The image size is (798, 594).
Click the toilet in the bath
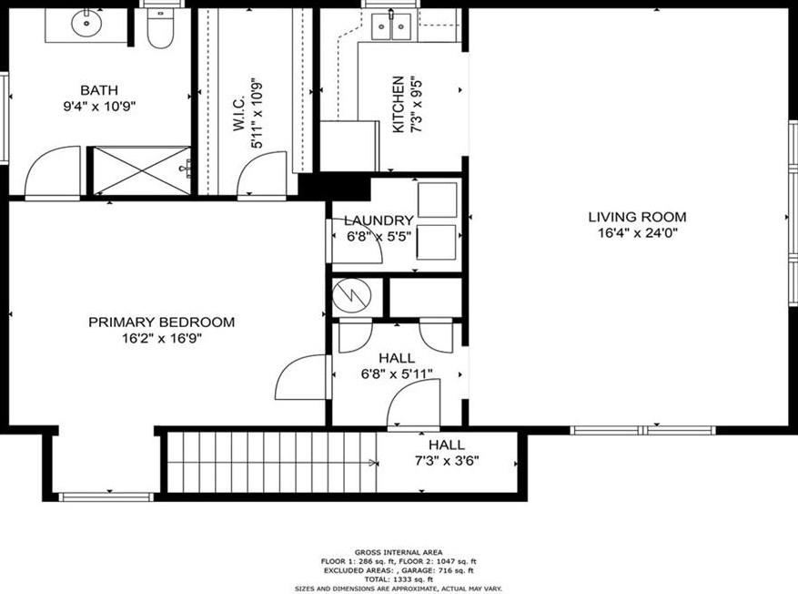pyautogui.click(x=160, y=28)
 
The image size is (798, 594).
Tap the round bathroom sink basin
pyautogui.click(x=86, y=23)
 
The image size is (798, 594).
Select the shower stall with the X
pyautogui.click(x=141, y=170)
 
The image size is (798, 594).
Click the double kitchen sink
pyautogui.click(x=391, y=26)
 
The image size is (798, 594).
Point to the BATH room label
pyautogui.click(x=99, y=90)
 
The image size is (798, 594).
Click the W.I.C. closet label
pyautogui.click(x=239, y=114)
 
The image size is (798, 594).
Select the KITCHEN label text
pyautogui.click(x=398, y=105)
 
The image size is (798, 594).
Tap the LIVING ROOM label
pyautogui.click(x=637, y=217)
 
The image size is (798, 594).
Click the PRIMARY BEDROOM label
pyautogui.click(x=162, y=322)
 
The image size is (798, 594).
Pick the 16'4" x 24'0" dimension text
pyautogui.click(x=637, y=233)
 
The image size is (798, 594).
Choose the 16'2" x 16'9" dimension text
pyautogui.click(x=162, y=338)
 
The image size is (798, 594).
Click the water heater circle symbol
pyautogui.click(x=351, y=296)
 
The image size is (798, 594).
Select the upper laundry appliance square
pyautogui.click(x=437, y=200)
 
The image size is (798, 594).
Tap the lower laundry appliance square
pyautogui.click(x=436, y=242)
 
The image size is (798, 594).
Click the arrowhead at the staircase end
pyautogui.click(x=373, y=463)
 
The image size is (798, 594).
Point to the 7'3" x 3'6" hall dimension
pyautogui.click(x=447, y=461)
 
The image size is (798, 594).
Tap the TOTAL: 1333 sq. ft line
pyautogui.click(x=399, y=579)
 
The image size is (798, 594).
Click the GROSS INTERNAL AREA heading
pyautogui.click(x=399, y=552)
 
